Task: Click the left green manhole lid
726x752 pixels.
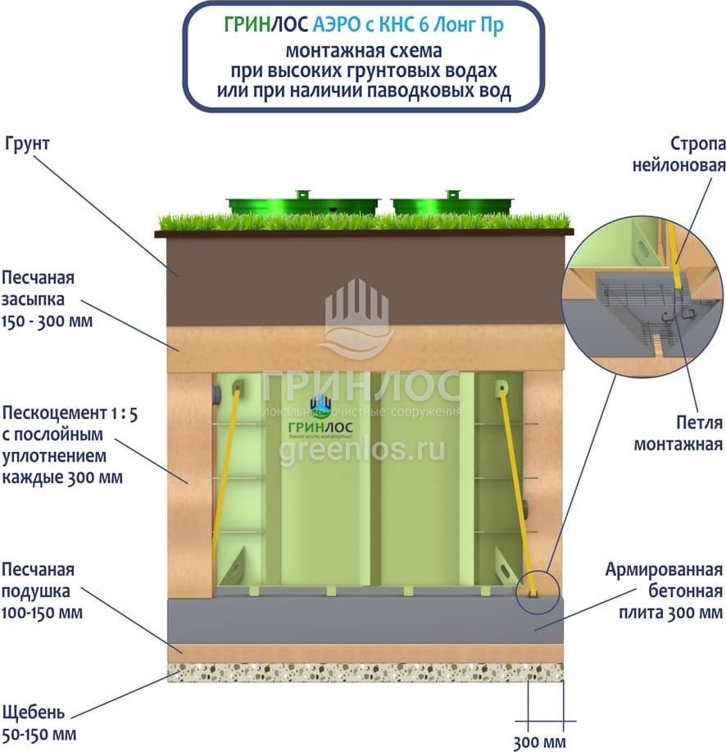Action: [x=303, y=203]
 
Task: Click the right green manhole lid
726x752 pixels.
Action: [x=452, y=203]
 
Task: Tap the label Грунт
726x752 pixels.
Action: [x=28, y=144]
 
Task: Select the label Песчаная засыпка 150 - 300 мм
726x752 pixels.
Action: [x=47, y=298]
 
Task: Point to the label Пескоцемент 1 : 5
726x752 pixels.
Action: [x=70, y=413]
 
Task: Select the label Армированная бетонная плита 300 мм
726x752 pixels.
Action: [x=664, y=590]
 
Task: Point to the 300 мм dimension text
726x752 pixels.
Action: [x=539, y=743]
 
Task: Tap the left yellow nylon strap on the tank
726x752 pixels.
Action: [x=226, y=476]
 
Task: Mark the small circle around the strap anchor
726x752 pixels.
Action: [x=537, y=591]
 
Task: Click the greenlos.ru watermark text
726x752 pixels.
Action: [x=362, y=450]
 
